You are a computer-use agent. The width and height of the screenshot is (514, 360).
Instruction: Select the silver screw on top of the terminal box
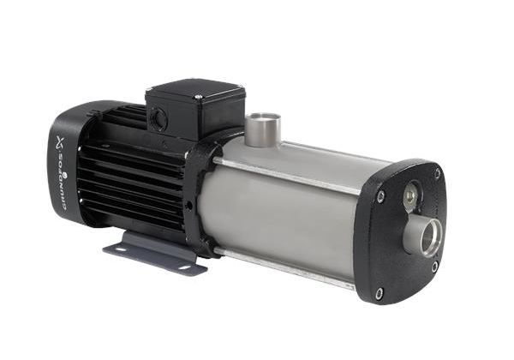click(199, 97)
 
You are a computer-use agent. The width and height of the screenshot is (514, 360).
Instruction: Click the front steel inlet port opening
click(429, 237)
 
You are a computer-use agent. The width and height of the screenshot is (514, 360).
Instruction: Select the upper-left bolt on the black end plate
click(380, 195)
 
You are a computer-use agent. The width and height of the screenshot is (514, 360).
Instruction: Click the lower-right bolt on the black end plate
click(434, 266)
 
